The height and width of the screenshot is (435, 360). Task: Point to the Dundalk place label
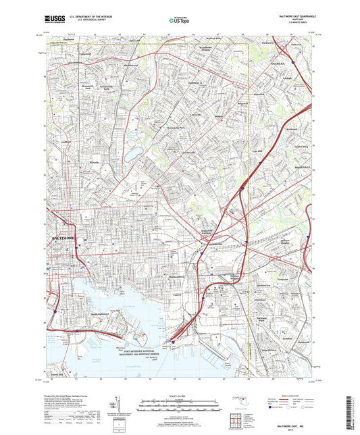301,342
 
